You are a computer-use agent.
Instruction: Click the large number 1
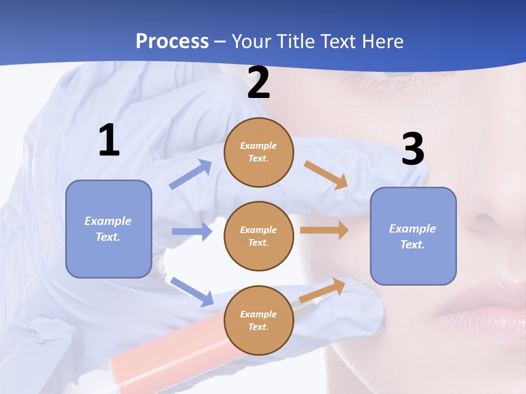pos(109,141)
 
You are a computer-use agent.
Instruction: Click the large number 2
pos(259,83)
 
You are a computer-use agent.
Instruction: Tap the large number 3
pos(413,149)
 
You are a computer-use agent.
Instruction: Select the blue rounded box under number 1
pos(108,229)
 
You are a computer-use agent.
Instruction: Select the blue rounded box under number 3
pos(413,236)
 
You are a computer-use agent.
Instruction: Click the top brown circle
pos(259,152)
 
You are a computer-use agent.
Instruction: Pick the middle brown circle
pos(259,236)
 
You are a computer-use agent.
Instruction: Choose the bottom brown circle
pos(259,320)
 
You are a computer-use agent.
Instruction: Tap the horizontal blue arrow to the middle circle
pos(192,231)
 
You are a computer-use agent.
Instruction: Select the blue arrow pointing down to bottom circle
pos(192,291)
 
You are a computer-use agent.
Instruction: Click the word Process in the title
pos(172,41)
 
